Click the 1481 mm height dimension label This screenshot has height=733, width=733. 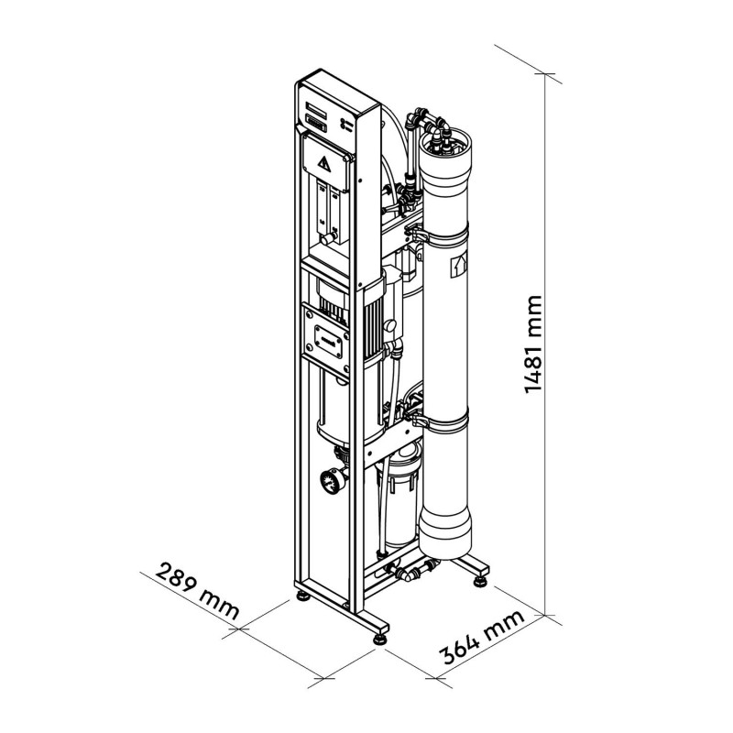[533, 345]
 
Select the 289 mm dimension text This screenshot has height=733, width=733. [197, 591]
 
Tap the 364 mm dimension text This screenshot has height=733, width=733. [483, 636]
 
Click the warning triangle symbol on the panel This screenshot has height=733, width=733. [324, 164]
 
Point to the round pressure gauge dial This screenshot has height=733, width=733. [330, 481]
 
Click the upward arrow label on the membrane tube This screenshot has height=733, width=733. [458, 267]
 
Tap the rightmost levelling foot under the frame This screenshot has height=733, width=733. [479, 582]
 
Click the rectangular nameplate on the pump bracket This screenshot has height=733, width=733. [328, 343]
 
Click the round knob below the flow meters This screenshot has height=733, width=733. [326, 240]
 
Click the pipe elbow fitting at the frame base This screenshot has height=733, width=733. [407, 574]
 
